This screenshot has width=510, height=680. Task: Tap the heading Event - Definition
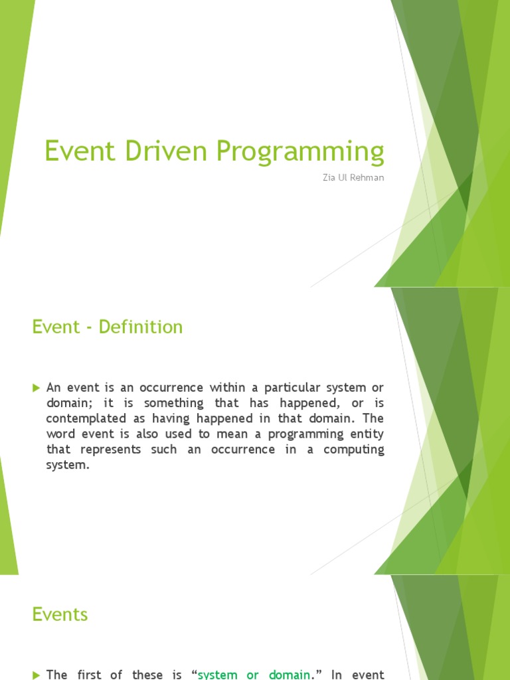tap(107, 327)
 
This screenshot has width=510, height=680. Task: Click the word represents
tap(112, 450)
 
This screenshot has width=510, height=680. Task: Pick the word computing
tap(354, 450)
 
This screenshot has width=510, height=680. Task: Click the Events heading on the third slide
tap(60, 614)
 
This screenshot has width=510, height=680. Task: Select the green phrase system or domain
tap(254, 675)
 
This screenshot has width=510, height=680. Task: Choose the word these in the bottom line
tap(153, 675)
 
